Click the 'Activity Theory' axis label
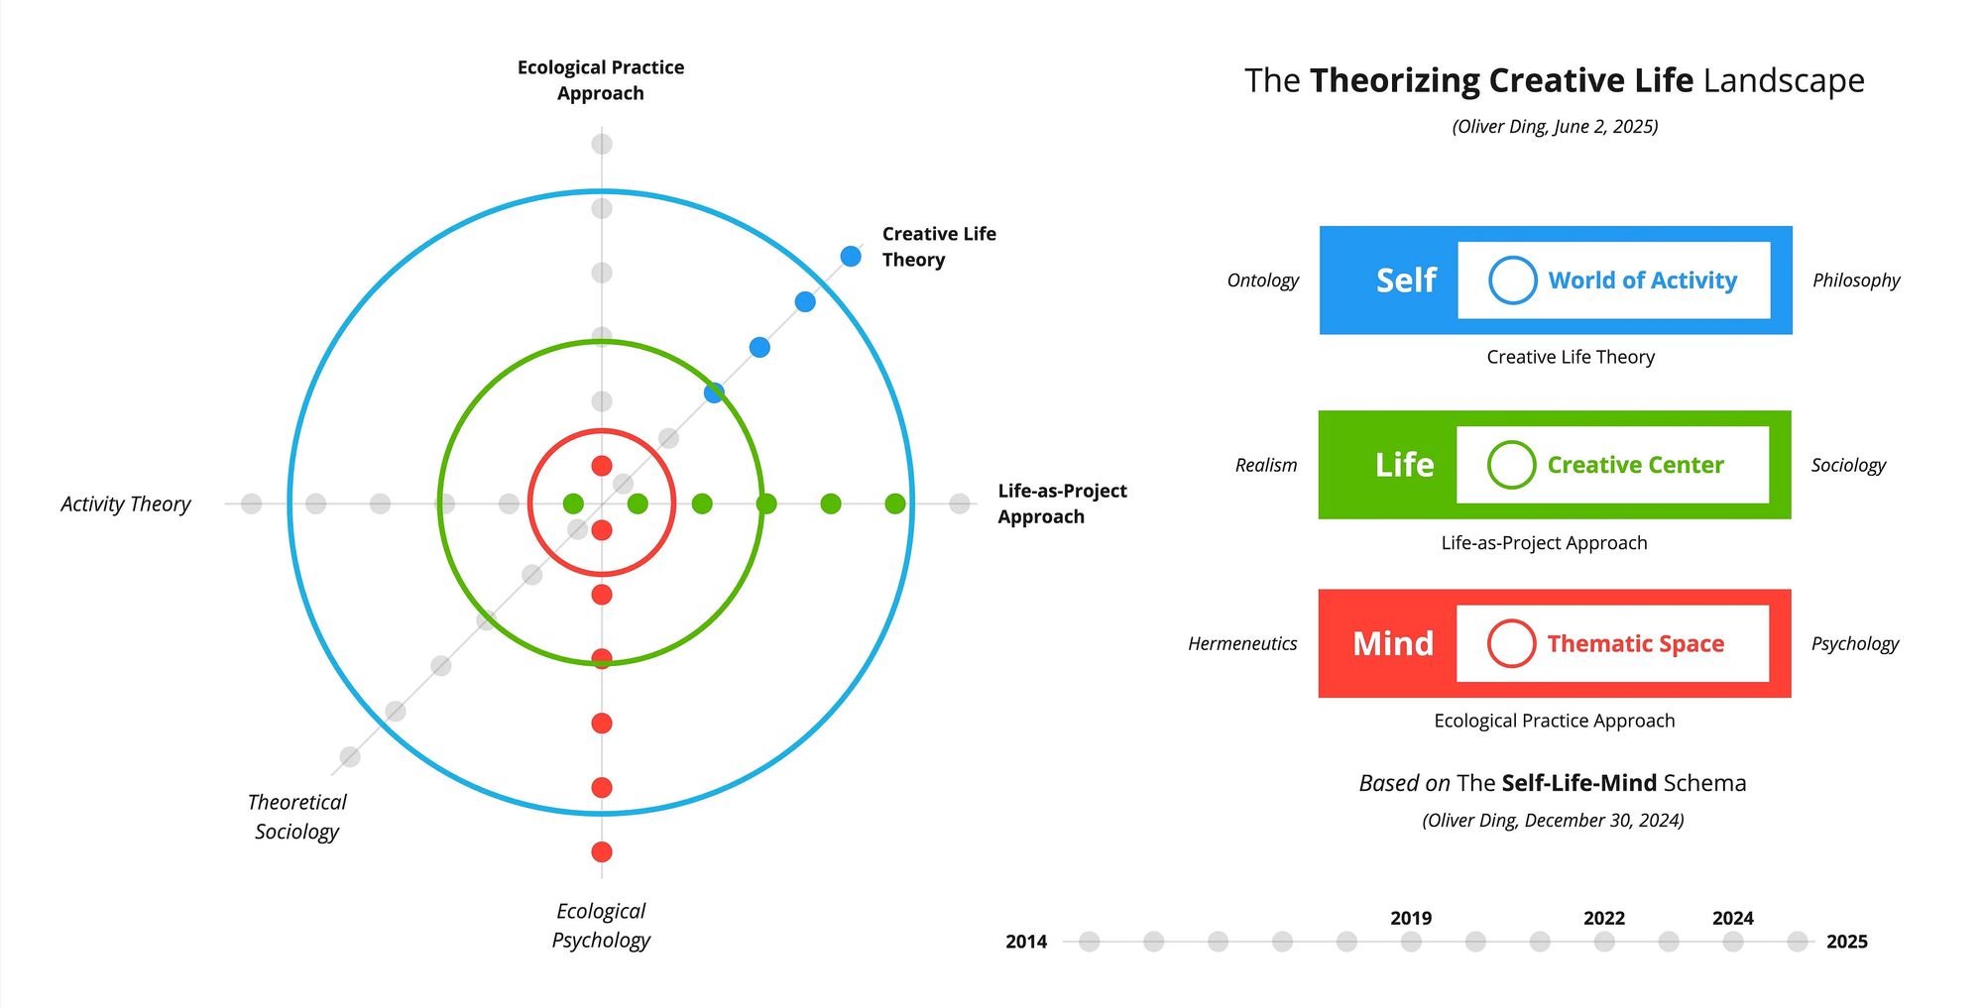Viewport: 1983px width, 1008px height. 126,504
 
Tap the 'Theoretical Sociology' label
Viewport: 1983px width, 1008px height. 296,817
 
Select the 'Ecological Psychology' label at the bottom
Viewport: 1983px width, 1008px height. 601,926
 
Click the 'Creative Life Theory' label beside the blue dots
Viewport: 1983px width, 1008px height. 939,247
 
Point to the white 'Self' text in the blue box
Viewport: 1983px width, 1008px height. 1406,280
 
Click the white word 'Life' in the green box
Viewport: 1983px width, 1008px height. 1405,465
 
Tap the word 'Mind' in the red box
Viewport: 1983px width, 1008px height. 1393,644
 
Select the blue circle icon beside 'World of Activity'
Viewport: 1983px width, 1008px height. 1513,280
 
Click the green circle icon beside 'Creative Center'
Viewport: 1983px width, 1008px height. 1512,465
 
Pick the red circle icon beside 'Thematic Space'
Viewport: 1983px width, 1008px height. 1512,644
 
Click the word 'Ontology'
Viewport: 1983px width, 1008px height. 1263,280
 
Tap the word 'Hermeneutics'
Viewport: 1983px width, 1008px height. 1242,644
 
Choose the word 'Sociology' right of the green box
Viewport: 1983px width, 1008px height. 1849,466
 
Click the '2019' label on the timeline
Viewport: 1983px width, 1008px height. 1411,919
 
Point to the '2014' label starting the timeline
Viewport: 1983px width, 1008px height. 1026,942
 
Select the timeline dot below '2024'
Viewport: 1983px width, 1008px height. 1733,942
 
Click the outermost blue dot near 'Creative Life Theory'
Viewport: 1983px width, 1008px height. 851,257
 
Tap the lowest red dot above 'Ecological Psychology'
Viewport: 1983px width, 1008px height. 602,852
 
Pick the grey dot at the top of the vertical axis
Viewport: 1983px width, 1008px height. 602,145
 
